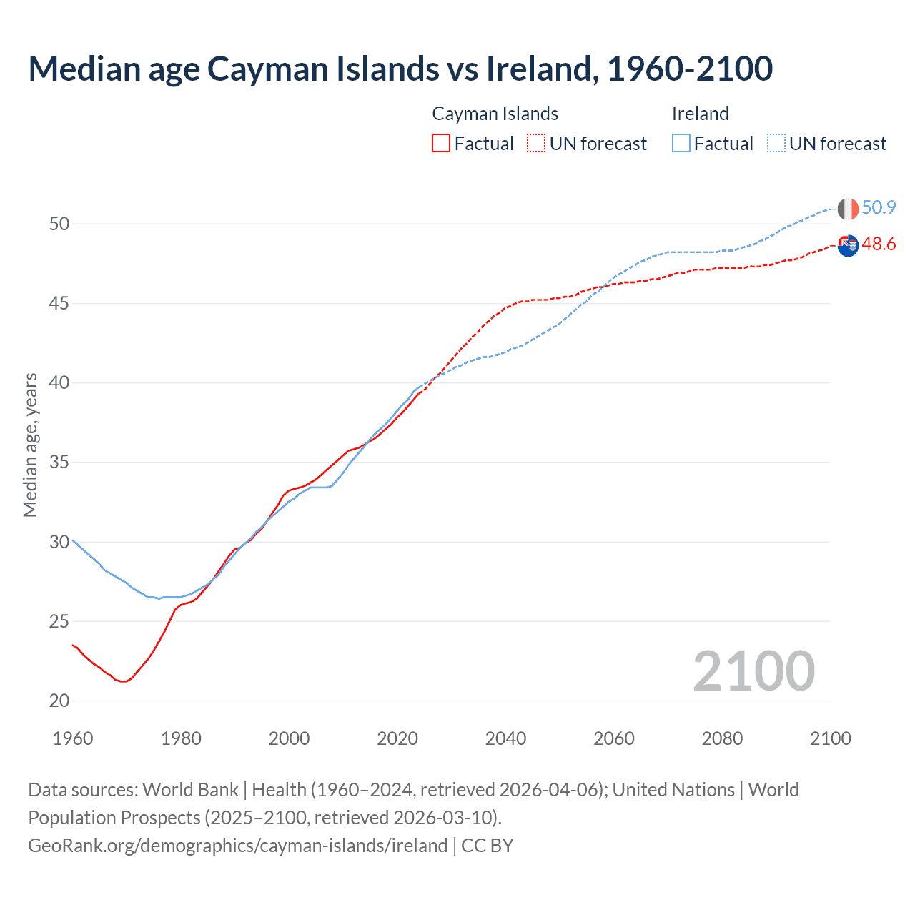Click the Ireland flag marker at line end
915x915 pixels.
point(848,209)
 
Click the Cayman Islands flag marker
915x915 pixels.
point(848,245)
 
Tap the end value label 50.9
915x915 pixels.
point(879,208)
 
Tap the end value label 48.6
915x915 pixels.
point(879,244)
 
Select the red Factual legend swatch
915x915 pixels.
point(441,143)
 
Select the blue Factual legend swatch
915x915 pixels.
point(681,143)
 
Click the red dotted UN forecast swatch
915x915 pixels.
point(536,143)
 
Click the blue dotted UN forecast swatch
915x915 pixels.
point(776,143)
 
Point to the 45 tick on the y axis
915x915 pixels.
point(59,304)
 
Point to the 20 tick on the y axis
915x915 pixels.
point(59,701)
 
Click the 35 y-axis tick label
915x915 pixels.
point(59,463)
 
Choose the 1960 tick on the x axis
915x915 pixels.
point(73,738)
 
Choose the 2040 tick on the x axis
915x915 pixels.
point(505,738)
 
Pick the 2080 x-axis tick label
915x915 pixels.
point(722,738)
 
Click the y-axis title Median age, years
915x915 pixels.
point(30,445)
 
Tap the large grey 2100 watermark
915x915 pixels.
point(753,671)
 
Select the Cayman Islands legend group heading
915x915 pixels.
point(495,114)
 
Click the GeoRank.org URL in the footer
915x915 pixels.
point(237,846)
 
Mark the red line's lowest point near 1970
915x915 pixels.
point(124,681)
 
